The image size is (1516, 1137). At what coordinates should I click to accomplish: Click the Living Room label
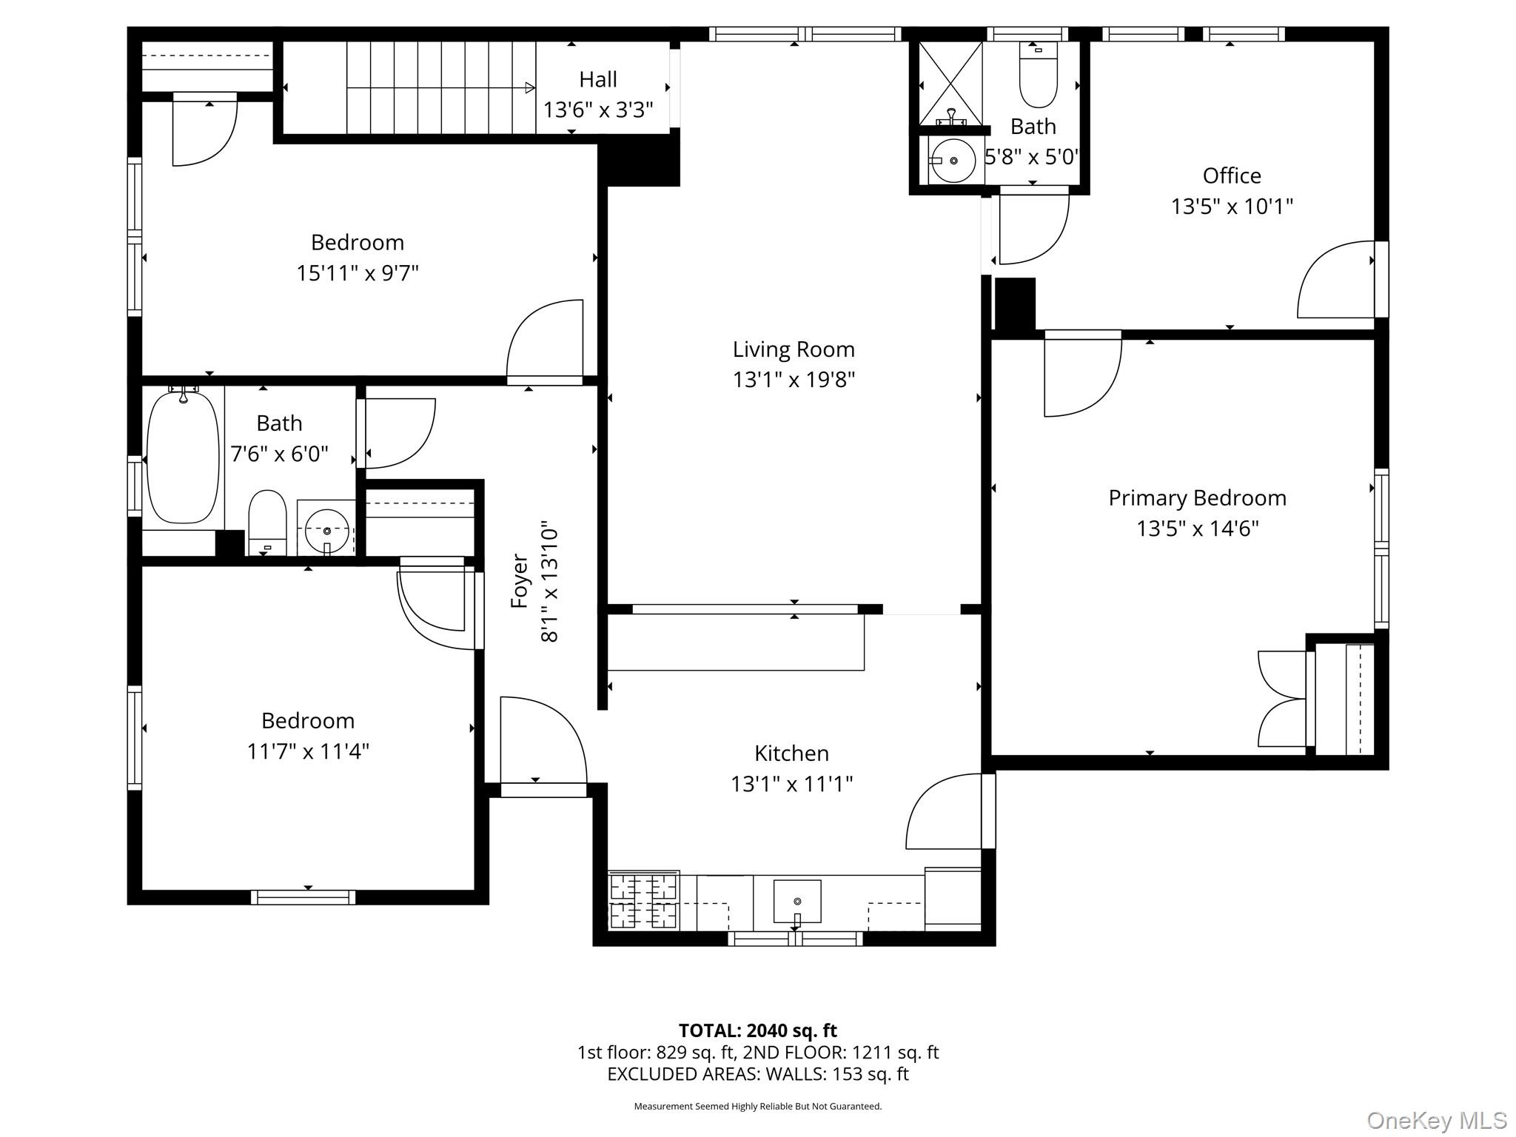[794, 349]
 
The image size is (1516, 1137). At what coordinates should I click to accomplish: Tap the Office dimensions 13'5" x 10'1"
[1232, 207]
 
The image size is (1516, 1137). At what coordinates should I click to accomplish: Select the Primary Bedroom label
[1197, 498]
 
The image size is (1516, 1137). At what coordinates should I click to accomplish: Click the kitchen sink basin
[797, 901]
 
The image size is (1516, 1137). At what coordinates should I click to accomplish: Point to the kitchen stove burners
[643, 901]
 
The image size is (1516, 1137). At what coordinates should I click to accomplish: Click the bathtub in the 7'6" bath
[183, 457]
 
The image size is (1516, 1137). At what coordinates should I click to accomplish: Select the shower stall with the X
[950, 84]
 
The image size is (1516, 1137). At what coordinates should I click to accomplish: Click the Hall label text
[598, 79]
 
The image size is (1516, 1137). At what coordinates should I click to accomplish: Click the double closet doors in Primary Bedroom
[1283, 699]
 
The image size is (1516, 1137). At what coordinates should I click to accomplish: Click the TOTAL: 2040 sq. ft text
[757, 1030]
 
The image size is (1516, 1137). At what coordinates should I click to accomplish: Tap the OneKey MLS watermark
[1436, 1120]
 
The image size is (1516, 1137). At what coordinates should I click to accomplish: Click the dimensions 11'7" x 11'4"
[308, 751]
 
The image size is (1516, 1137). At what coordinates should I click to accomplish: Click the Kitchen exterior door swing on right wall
[944, 812]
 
